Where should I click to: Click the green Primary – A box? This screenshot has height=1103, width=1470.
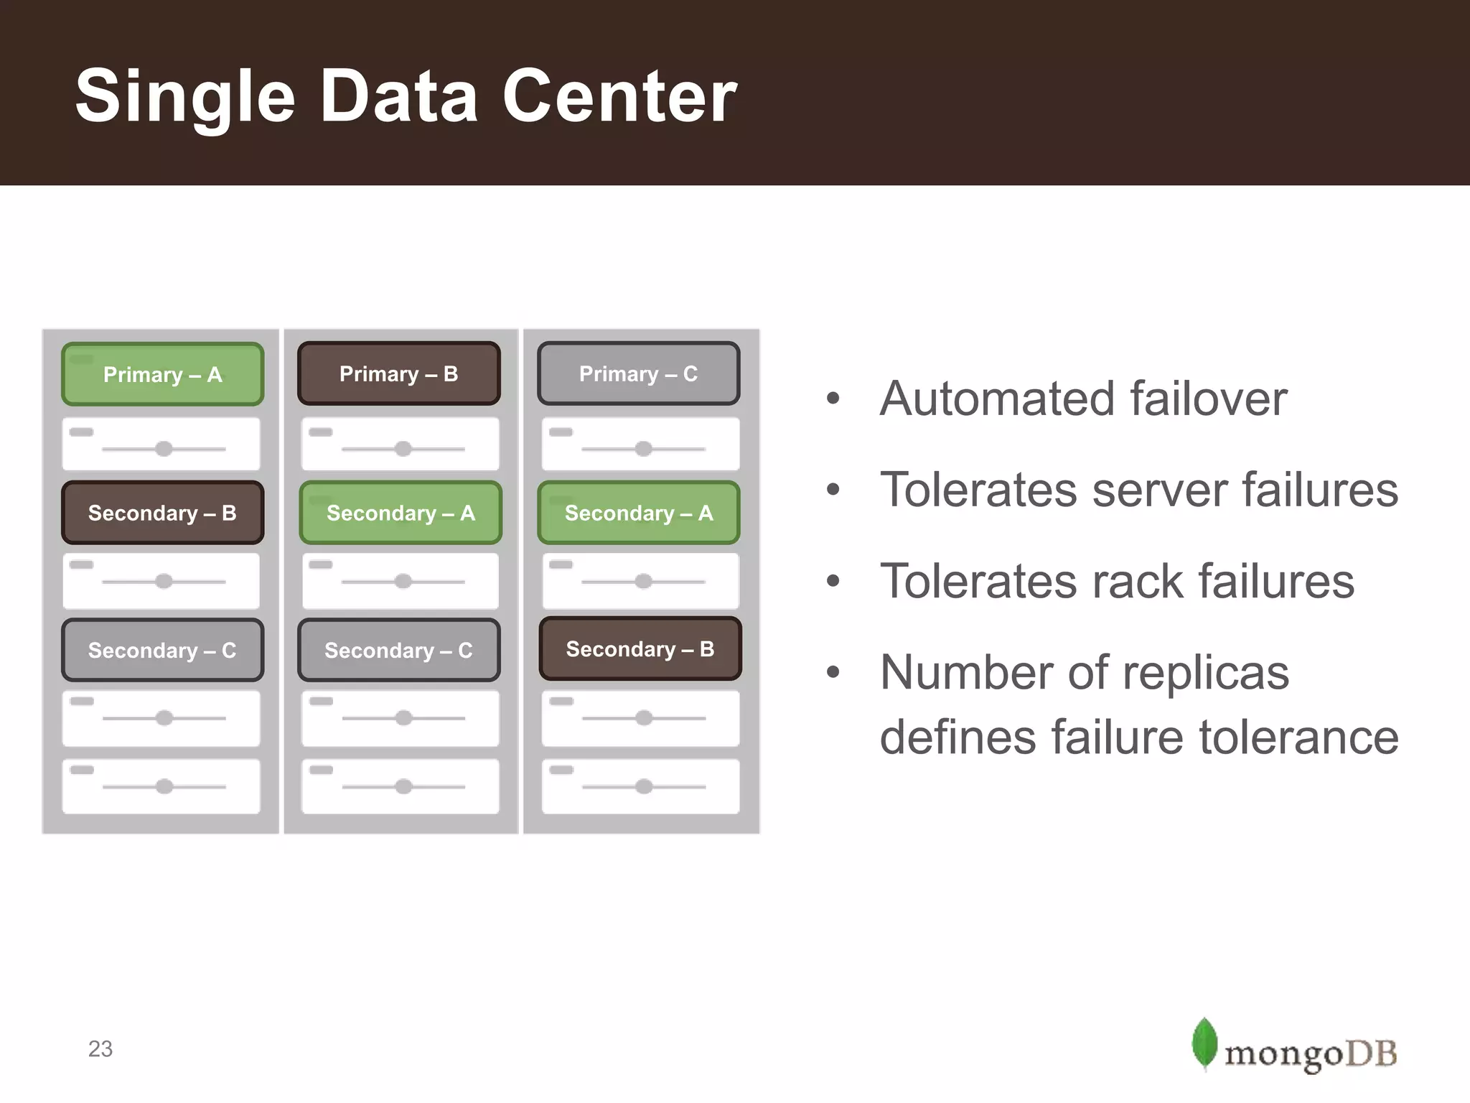162,374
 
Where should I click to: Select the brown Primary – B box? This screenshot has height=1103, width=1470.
398,373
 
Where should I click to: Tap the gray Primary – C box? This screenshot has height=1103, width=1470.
638,373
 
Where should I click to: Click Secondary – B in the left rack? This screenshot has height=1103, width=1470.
162,513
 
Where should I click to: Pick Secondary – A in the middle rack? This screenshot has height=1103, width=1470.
401,513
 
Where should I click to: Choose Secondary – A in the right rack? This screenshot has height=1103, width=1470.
638,513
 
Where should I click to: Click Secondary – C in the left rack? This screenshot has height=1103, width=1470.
162,650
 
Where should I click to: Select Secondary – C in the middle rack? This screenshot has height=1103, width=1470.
398,650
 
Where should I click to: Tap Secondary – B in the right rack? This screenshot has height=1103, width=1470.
640,648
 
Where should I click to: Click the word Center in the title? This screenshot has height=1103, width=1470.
619,96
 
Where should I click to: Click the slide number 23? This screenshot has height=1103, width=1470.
100,1049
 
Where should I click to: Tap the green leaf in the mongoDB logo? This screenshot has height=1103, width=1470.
1204,1043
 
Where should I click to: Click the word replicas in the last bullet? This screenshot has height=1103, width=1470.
1206,673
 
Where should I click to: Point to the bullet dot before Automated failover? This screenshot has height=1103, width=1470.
833,399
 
